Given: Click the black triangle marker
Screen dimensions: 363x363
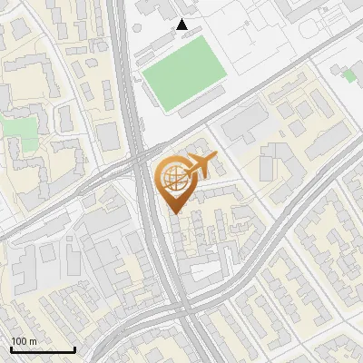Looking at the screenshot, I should tap(182, 25).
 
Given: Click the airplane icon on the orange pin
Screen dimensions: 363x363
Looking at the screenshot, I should tap(200, 166).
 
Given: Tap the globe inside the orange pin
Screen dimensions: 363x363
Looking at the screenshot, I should tap(172, 179).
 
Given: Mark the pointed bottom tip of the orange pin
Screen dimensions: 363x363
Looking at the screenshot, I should tap(174, 213).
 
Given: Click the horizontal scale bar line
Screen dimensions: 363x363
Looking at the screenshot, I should tap(43, 350).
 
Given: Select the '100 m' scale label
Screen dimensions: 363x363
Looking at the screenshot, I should tap(25, 341).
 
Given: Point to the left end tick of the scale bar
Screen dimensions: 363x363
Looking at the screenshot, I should tap(11, 348).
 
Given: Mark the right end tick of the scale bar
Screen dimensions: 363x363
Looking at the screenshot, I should tap(74, 348).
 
